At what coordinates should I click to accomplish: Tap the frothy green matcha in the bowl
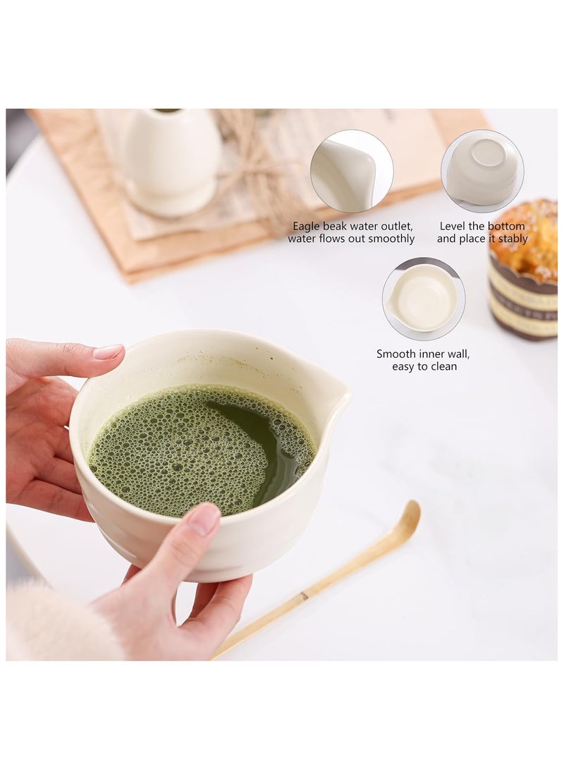pos(176,452)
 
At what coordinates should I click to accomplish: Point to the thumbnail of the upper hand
pos(108,351)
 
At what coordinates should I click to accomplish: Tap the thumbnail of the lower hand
pos(205,519)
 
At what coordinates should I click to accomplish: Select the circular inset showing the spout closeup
pos(351,171)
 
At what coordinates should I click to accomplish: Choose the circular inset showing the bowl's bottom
pos(482,171)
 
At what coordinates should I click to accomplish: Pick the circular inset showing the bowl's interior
pos(423,299)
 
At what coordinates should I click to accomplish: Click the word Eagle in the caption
pos(307,227)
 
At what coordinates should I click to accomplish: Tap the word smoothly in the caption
pos(389,239)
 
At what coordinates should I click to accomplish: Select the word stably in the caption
pos(510,239)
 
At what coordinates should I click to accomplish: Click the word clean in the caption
pos(443,366)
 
